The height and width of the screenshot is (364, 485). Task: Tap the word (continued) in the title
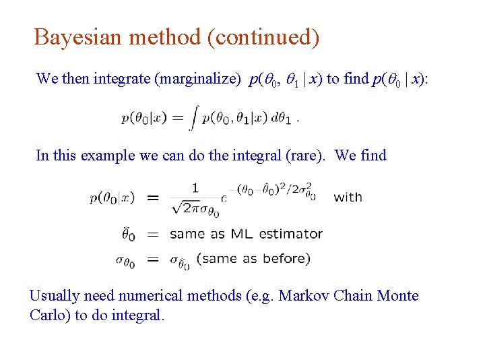[x=263, y=37]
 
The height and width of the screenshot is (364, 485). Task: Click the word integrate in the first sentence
[x=122, y=79]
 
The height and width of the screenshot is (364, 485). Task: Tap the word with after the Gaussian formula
[x=348, y=198]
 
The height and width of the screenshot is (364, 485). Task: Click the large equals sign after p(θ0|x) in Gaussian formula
[x=153, y=198]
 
